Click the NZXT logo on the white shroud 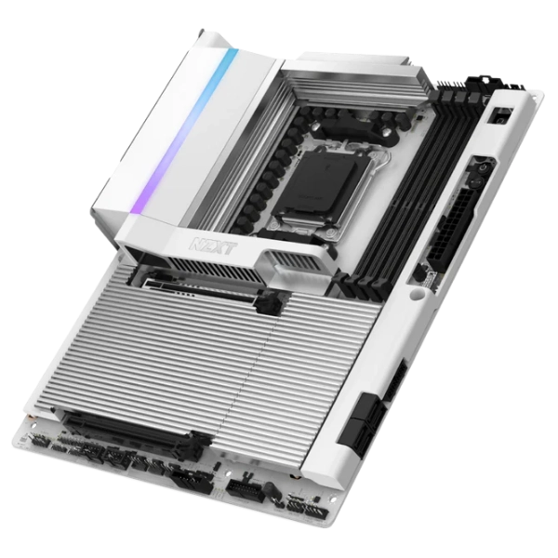point(212,245)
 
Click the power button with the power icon point(482,168)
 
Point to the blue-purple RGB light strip point(188,131)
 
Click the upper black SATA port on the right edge point(371,408)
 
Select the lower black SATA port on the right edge point(357,436)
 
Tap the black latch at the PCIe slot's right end point(198,444)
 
